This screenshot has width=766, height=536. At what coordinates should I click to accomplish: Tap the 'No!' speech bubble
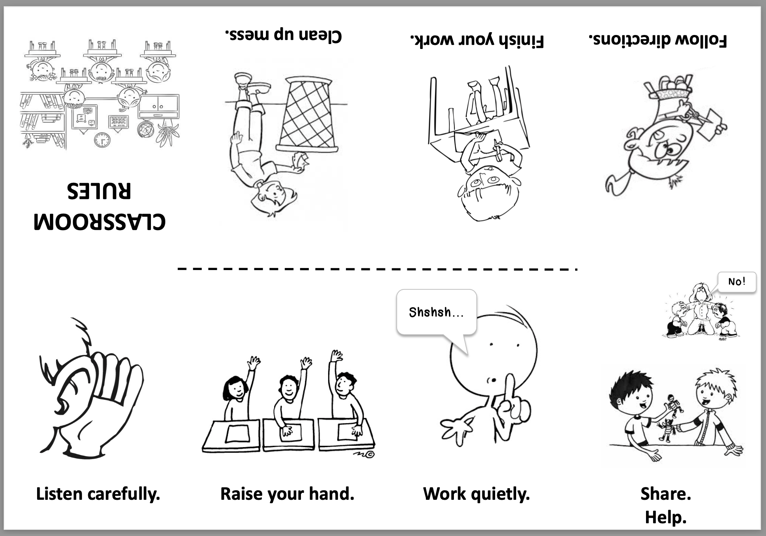coord(737,282)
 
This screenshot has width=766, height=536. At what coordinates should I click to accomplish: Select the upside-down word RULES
coord(99,191)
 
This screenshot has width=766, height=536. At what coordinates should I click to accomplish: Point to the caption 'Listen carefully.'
coord(98,494)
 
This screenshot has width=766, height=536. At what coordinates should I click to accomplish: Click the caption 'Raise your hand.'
coord(287,494)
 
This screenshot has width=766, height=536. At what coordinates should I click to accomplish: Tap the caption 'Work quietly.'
coord(476,494)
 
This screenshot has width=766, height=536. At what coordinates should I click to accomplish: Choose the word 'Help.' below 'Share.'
coord(666,517)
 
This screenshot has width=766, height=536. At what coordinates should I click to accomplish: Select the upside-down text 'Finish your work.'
coord(477,40)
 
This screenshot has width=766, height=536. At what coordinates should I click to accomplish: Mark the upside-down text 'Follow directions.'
coord(658,40)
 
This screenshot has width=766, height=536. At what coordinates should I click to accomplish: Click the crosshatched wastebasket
coord(307,114)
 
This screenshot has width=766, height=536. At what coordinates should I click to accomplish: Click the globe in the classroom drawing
coord(146,130)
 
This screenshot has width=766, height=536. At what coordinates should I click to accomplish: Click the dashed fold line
coord(377,269)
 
